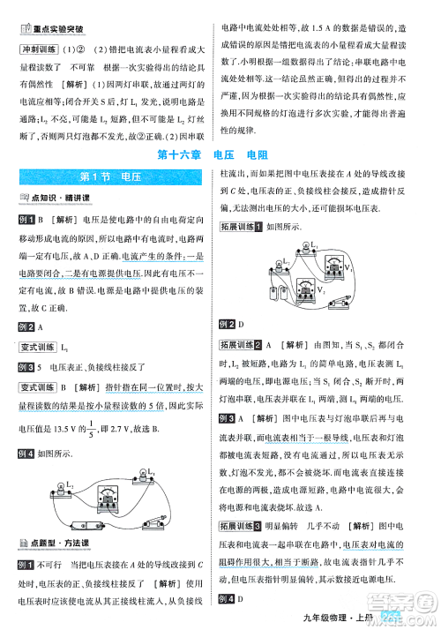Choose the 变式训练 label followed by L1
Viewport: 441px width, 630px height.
(x=38, y=347)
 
